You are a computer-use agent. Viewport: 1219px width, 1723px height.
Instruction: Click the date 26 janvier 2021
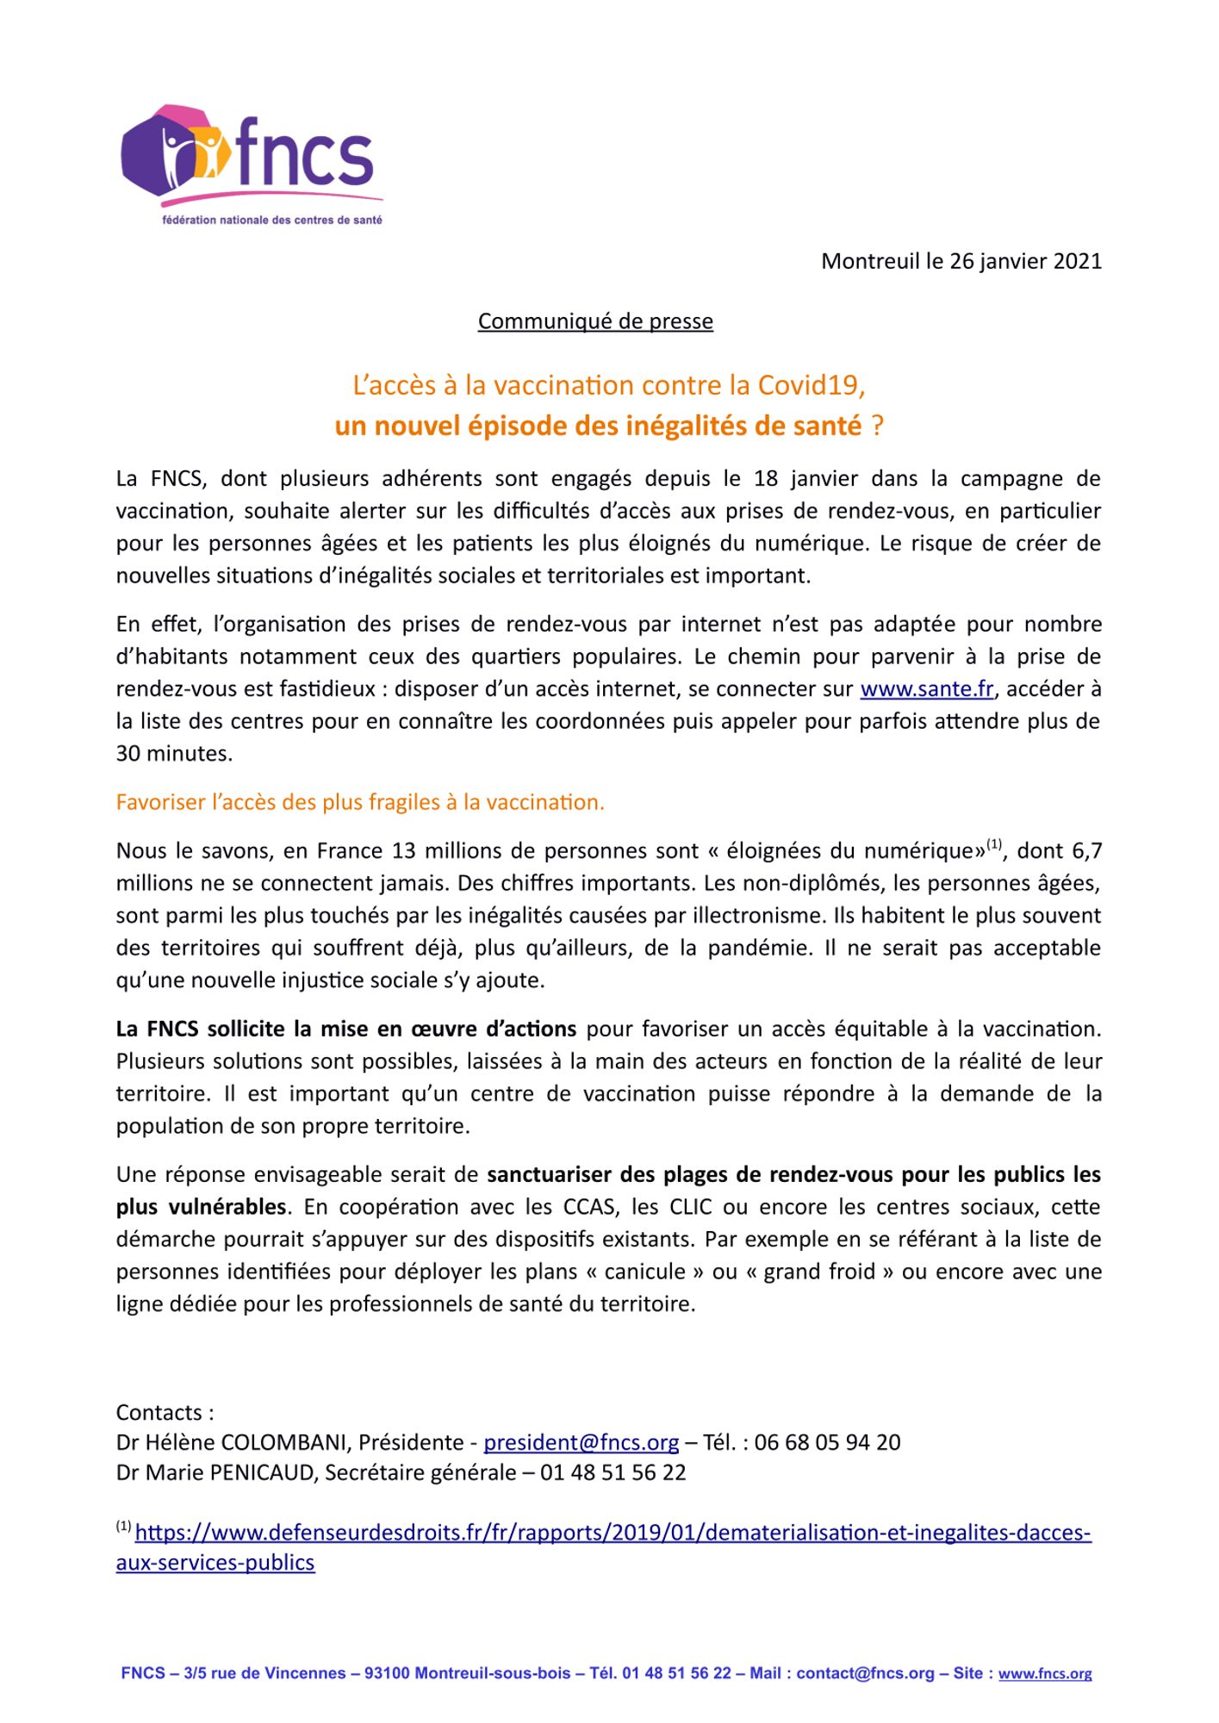point(1025,261)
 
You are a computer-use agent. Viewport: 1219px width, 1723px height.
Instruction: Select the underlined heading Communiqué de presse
point(595,321)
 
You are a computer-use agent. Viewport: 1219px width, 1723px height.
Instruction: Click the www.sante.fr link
point(927,689)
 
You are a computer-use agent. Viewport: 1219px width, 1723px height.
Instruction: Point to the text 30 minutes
point(174,754)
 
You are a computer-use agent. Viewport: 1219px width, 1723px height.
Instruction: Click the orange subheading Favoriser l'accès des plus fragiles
point(360,803)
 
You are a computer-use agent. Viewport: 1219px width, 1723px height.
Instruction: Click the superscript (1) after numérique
point(995,844)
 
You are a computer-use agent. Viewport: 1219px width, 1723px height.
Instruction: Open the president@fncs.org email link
point(582,1443)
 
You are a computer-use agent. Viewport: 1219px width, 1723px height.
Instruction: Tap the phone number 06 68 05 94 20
point(827,1443)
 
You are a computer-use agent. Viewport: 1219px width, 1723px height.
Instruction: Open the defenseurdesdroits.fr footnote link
point(613,1533)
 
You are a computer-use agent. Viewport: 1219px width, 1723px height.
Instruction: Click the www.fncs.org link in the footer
point(1045,1674)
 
